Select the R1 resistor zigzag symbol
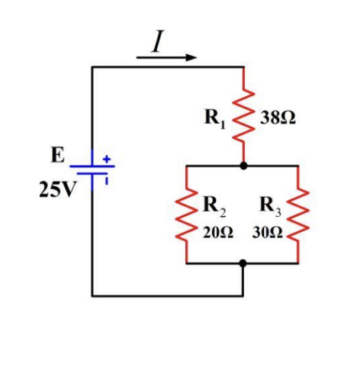(243, 115)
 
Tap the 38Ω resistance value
(279, 119)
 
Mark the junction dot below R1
(243, 165)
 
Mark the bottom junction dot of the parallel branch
(243, 263)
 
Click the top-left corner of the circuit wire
(92, 67)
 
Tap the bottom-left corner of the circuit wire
(92, 295)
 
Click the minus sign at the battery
(108, 182)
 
